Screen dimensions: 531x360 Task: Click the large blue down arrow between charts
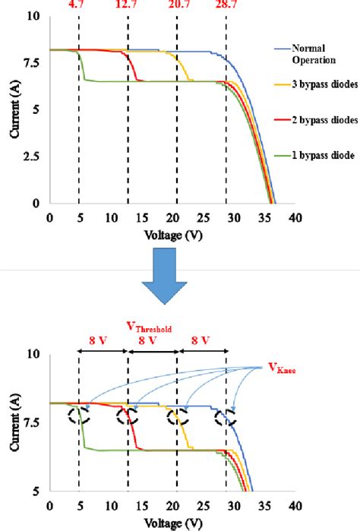(175, 279)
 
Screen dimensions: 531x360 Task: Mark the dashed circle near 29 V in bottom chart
(224, 416)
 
